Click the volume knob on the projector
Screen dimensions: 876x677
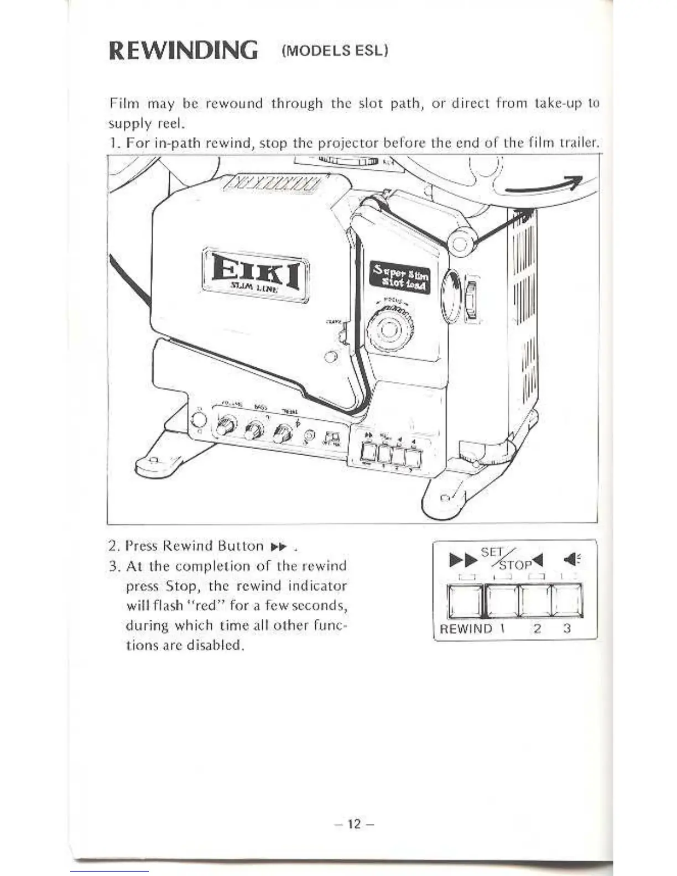click(227, 426)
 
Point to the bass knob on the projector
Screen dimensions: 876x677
click(255, 430)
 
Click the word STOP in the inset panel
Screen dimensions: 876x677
click(514, 565)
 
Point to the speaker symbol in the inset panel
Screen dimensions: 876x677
click(571, 561)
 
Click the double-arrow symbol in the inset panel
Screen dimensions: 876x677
click(460, 561)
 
